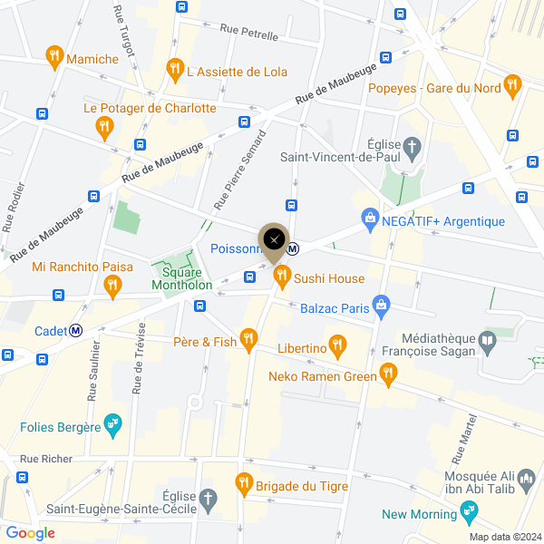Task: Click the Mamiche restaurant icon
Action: (x=54, y=57)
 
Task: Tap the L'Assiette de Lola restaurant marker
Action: (x=175, y=68)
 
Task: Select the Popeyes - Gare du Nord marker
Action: (x=513, y=87)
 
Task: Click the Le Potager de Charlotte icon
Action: (x=105, y=127)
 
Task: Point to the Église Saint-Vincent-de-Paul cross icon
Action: (x=413, y=146)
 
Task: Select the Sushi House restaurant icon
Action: (x=281, y=275)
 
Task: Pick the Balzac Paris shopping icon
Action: (x=383, y=306)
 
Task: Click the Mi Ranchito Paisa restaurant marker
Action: (x=112, y=286)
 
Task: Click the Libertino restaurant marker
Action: (x=338, y=345)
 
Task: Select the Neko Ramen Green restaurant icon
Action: (x=388, y=373)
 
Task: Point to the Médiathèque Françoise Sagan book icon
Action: (x=489, y=341)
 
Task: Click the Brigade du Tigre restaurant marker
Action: (x=243, y=482)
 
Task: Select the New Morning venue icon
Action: (x=469, y=512)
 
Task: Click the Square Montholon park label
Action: (x=186, y=277)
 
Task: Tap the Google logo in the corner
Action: (x=30, y=533)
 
